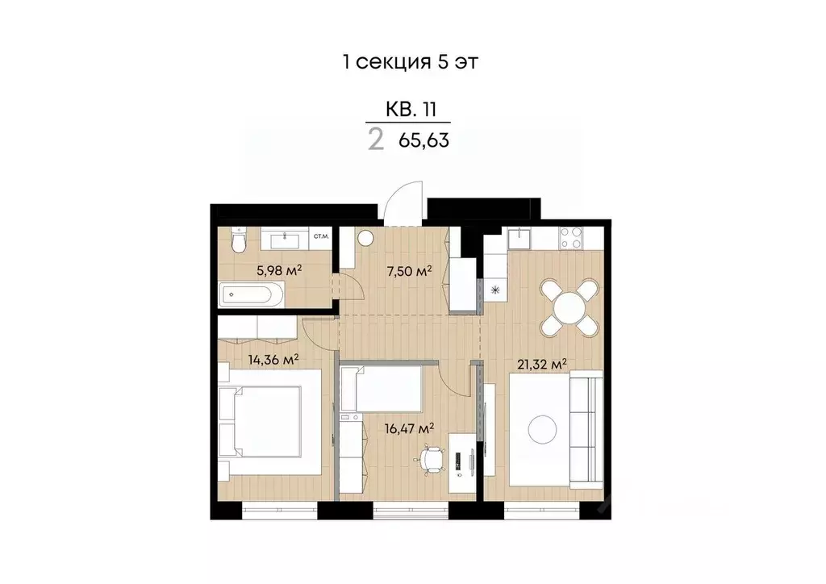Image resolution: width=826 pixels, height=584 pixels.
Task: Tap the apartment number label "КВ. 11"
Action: pyautogui.click(x=411, y=110)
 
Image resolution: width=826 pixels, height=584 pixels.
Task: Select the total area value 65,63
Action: pyautogui.click(x=423, y=140)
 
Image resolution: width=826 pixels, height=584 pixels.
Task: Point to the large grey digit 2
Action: pyautogui.click(x=375, y=140)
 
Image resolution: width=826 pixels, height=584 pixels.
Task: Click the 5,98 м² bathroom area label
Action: pyautogui.click(x=279, y=269)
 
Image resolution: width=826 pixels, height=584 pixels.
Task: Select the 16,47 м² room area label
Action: pyautogui.click(x=410, y=428)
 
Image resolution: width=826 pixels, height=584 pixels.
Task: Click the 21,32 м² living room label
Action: pyautogui.click(x=542, y=364)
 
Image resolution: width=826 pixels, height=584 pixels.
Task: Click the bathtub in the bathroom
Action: pyautogui.click(x=252, y=294)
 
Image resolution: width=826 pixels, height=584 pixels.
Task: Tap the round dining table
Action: pyautogui.click(x=569, y=307)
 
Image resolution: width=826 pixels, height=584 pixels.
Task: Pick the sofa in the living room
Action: pyautogui.click(x=587, y=428)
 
